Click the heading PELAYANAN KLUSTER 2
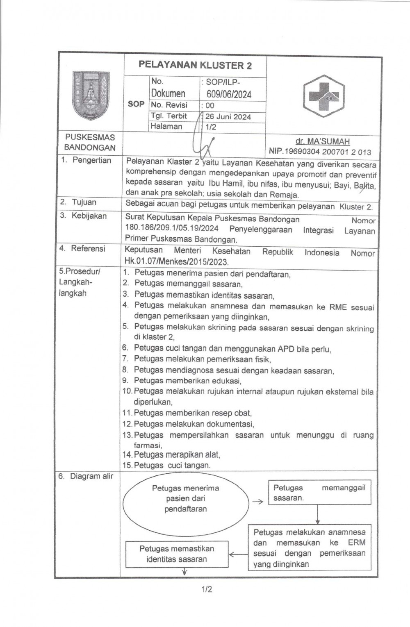195,65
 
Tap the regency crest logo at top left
91,95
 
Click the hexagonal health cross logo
324,96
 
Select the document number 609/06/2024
229,94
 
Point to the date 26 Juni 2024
228,117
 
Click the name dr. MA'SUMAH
322,141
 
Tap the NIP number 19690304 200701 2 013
320,152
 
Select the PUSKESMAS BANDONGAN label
90,142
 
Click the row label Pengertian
91,160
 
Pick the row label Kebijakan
89,216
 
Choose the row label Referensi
87,248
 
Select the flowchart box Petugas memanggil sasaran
319,493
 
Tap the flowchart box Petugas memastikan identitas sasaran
177,554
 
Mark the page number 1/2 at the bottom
207,590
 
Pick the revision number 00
210,105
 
